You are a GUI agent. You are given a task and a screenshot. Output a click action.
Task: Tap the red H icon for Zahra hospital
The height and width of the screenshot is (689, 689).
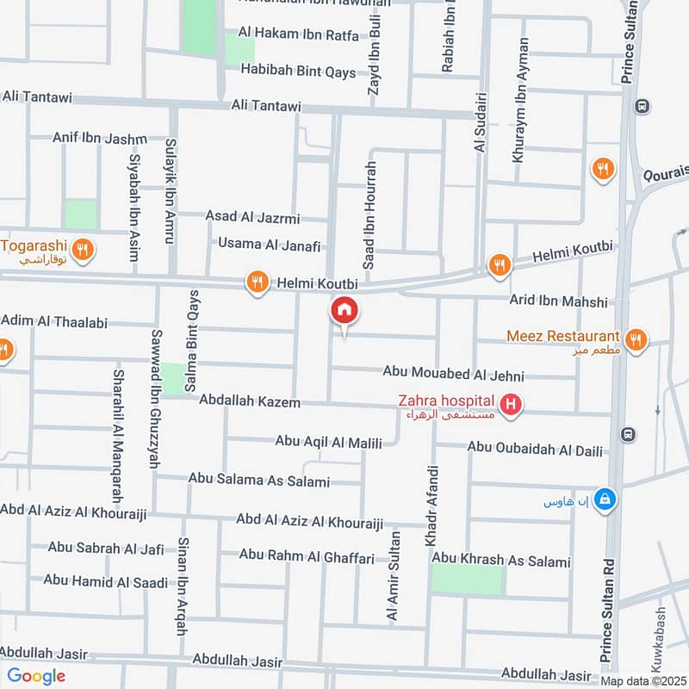[x=512, y=403]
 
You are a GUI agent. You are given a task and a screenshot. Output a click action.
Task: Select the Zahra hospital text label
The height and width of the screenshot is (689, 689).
[x=445, y=400]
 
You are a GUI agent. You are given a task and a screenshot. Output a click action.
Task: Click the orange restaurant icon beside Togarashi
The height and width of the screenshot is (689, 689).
[x=83, y=251]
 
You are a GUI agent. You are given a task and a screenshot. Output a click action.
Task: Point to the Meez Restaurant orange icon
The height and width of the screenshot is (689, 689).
[x=636, y=338]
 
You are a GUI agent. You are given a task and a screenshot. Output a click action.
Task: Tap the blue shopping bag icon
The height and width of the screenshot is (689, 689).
[x=606, y=500]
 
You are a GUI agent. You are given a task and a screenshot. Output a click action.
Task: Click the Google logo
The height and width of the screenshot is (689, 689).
[x=36, y=676]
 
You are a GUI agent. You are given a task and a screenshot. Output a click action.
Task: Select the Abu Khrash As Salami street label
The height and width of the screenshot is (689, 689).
[x=501, y=562]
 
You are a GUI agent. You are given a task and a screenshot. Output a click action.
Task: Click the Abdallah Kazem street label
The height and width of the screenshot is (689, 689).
[x=249, y=401]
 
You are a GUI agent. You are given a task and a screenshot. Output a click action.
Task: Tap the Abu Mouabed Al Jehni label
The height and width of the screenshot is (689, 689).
[x=453, y=376]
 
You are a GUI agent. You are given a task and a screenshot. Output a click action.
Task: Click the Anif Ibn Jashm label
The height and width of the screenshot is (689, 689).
[x=99, y=137]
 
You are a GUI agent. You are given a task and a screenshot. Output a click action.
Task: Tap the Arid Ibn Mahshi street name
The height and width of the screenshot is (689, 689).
[x=559, y=301]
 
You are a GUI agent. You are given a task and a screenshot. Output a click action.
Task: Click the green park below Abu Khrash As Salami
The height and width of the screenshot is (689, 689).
[x=466, y=580]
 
